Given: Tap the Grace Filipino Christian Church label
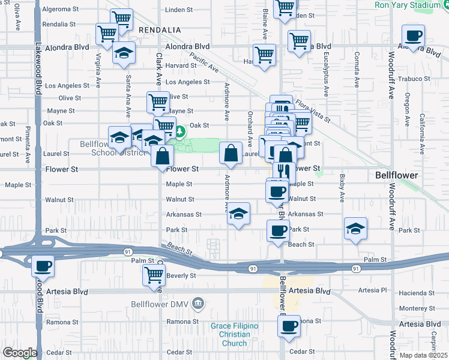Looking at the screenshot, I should pos(234,334).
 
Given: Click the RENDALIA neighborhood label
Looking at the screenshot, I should pos(160,30).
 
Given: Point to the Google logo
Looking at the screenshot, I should pos(19,352).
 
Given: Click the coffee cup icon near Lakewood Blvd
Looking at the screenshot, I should pos(43,265).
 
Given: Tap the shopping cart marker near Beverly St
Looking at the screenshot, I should pos(154,275).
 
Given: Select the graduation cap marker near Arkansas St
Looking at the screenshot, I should pos(238,214).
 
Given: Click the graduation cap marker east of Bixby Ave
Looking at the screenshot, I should pos(356,229).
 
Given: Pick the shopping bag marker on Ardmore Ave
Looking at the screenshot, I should pos(231,154).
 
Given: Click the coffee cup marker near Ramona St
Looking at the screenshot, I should pos(289,326).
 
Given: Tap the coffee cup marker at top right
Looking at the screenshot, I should pos(413,36).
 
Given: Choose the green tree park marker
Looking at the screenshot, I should pos(179,131).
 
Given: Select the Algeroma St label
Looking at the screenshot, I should pos(59,10).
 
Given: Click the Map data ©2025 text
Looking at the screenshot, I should pos(423,355).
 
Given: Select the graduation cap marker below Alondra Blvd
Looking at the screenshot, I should pos(124,55).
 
